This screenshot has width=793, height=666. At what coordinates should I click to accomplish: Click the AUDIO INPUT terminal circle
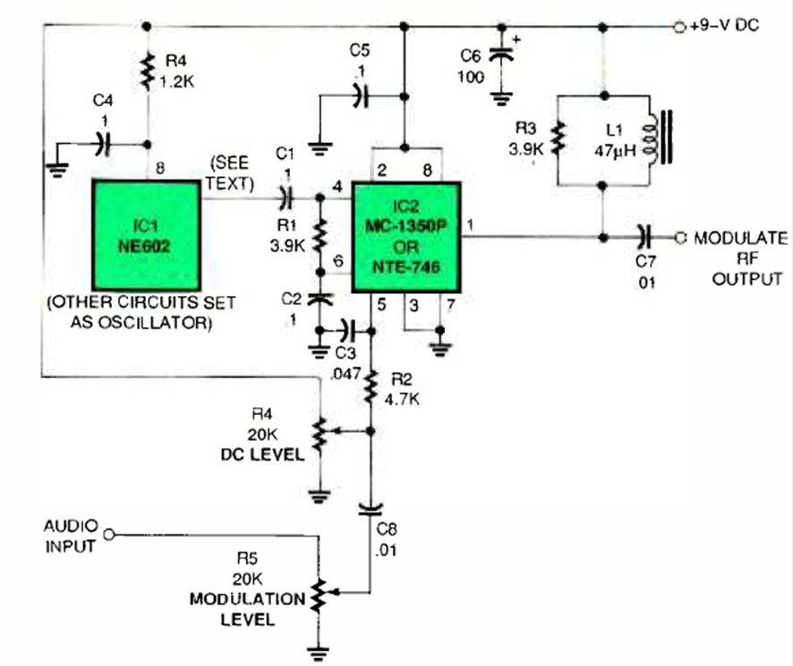108,535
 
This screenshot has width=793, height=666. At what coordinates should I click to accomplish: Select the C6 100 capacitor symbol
503,56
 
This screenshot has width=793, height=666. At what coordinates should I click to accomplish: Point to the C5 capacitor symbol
360,96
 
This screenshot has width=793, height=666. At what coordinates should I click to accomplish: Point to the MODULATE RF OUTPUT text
741,259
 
